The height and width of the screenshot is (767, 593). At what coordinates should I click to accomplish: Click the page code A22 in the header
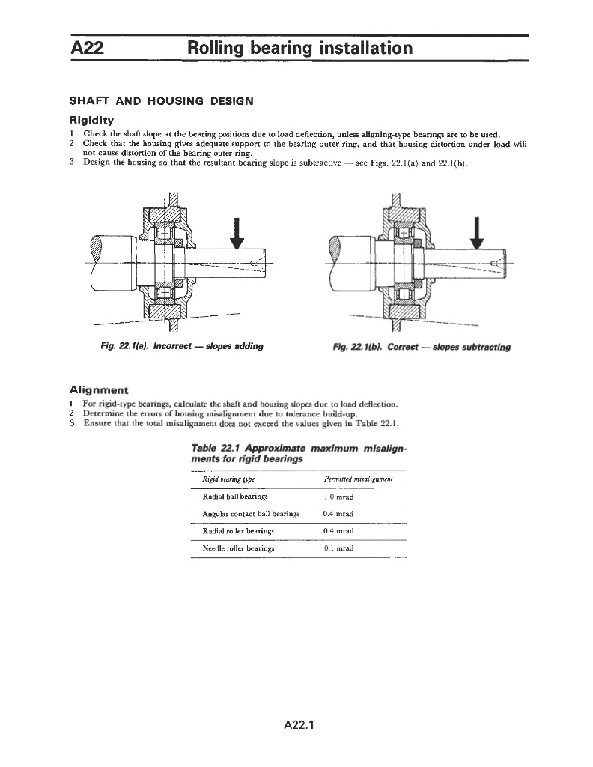pos(86,49)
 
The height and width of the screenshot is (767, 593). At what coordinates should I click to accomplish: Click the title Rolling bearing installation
pos(299,49)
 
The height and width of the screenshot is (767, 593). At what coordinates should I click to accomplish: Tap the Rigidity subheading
pos(91,120)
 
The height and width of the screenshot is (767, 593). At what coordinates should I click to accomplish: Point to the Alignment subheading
pos(98,390)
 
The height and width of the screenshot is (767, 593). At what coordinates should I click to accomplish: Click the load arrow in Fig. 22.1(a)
pos(237,232)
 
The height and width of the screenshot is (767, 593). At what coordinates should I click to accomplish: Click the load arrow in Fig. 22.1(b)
pos(476,232)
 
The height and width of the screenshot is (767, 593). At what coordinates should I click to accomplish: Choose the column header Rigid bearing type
pos(229,479)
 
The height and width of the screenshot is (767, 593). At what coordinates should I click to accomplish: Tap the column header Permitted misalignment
pos(359,479)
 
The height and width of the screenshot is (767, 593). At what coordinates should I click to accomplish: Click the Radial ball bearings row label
pos(235,497)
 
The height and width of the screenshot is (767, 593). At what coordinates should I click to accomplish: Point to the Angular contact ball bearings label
pos(251,514)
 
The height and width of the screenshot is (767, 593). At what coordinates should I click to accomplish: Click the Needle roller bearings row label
pos(238,548)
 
